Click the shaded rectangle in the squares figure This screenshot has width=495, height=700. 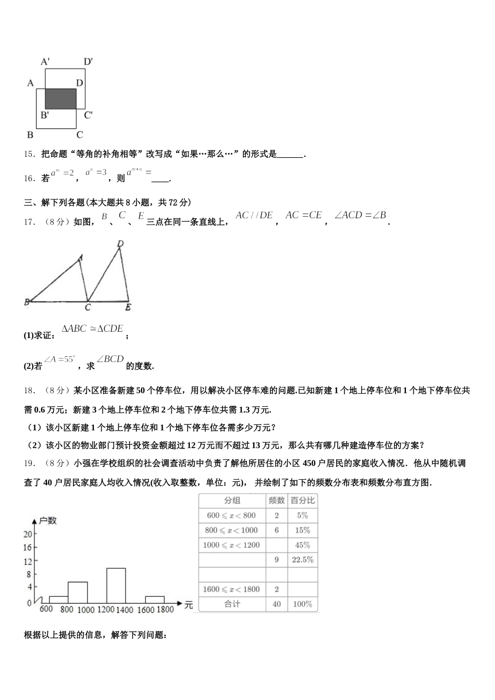tap(60, 98)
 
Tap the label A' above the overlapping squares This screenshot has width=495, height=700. tap(45, 61)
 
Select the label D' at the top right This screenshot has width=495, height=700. tap(88, 61)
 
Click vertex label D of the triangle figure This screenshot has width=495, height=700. tap(120, 243)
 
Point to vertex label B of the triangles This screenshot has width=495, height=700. tap(27, 302)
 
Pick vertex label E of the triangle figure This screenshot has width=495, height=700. tap(128, 308)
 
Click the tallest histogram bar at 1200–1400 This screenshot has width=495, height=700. tap(116, 585)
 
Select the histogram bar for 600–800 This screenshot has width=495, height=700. tap(58, 599)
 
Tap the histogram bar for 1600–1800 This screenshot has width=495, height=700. tap(154, 599)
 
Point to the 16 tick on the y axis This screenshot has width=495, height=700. tap(27, 547)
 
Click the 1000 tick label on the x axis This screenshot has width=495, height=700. tap(85, 610)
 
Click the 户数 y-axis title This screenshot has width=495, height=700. tap(47, 520)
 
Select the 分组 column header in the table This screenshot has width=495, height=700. tap(232, 501)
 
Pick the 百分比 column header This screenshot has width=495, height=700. tap(303, 501)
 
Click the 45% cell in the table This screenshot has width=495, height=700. tap(303, 545)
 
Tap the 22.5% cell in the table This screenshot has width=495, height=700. tap(303, 560)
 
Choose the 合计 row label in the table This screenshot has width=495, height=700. tap(232, 604)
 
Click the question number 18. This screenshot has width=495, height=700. tap(29, 390)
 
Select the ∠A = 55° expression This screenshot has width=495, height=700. tap(59, 359)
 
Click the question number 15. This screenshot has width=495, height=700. tap(29, 154)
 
